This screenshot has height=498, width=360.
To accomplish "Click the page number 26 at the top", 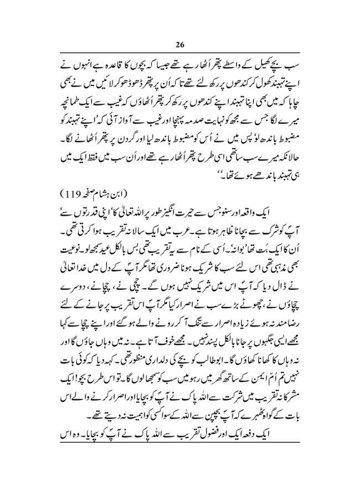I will pos(181,45).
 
